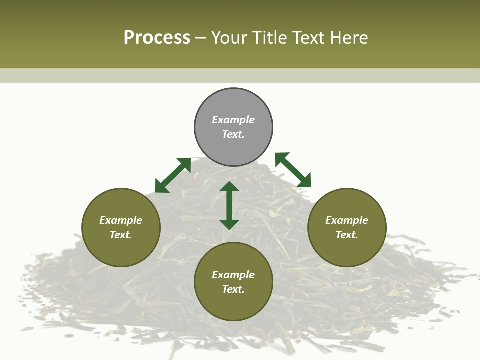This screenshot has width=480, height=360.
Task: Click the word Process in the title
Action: point(157,38)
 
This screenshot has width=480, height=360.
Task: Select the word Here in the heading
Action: point(349,38)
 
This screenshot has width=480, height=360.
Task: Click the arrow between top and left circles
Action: point(173,175)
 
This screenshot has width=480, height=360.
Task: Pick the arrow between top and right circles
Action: point(293,170)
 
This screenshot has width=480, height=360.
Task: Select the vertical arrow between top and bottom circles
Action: point(229,205)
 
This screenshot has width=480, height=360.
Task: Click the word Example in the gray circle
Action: point(233,120)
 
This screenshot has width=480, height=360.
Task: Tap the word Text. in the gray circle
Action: point(233,134)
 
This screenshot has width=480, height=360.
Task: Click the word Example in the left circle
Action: point(121,220)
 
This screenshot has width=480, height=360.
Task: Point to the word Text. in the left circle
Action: point(121,235)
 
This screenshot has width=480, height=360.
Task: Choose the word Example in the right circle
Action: point(347,220)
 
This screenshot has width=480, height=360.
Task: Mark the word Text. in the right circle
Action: point(347,235)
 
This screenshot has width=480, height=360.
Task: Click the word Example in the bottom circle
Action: point(233,275)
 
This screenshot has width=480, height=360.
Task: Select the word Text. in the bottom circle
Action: point(233,289)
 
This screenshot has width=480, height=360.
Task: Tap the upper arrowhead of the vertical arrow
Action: point(229,187)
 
